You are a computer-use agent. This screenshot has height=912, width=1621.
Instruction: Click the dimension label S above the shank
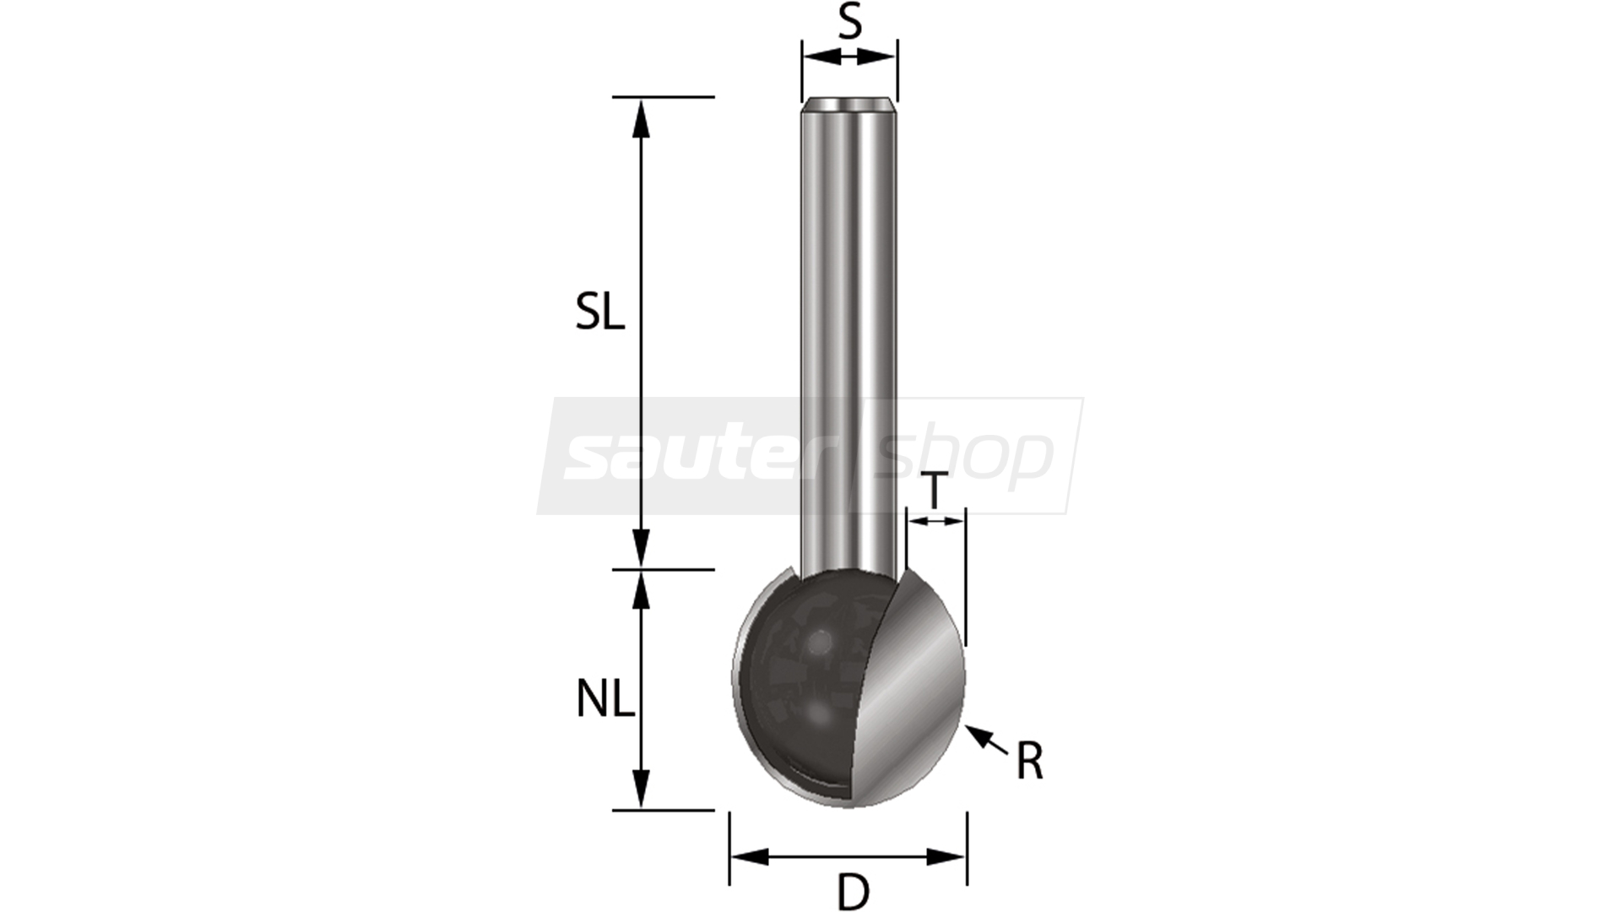coord(850,23)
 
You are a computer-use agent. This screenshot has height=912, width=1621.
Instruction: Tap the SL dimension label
coord(600,313)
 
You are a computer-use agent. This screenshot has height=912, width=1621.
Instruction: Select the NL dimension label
coord(604,700)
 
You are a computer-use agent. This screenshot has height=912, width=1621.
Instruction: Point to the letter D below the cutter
coord(853,891)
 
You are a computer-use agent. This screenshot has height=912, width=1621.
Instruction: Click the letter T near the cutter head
coord(934,492)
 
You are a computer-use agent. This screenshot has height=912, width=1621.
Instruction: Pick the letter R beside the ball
coord(1029,762)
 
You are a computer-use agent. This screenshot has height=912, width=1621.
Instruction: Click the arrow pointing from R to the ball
coord(986,739)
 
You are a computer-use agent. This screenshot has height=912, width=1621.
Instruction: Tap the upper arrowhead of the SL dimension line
coord(642,118)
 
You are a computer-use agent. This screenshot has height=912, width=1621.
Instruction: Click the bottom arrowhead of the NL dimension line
coord(642,789)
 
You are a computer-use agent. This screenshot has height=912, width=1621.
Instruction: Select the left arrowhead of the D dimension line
coord(750,857)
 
